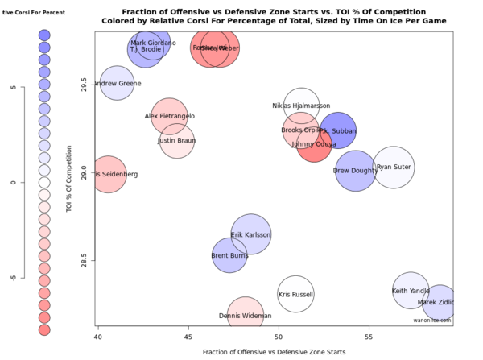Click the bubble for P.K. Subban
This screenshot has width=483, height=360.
point(338,130)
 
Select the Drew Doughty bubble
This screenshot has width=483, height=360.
point(355,171)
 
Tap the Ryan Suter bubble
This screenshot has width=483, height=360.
point(394,168)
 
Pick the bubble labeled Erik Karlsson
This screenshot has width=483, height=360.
point(250,235)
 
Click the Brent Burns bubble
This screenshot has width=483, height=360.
point(229,256)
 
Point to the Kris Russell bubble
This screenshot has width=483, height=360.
point(295,295)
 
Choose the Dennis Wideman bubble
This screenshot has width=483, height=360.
point(246,316)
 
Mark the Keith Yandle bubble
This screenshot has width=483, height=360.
point(411,291)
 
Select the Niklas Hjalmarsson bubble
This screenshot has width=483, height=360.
point(301,106)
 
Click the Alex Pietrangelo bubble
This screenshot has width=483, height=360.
point(170,117)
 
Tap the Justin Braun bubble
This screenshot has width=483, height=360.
point(176,141)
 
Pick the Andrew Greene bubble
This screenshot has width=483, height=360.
point(118,83)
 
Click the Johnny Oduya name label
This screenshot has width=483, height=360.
point(313,144)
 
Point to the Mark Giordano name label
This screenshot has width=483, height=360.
point(153,43)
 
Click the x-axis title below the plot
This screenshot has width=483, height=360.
point(275,352)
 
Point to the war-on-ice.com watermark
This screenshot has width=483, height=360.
point(432,320)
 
